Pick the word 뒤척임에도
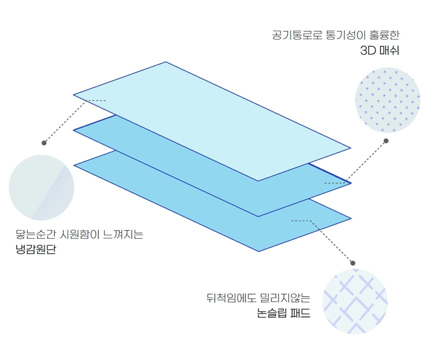(x=228, y=299)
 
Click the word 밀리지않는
(x=285, y=299)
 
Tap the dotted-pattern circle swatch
(x=388, y=100)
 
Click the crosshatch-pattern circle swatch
(x=355, y=301)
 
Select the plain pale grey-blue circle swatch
(x=41, y=187)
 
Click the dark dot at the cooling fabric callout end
(x=44, y=143)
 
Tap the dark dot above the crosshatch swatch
(x=353, y=263)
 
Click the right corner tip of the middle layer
(x=351, y=183)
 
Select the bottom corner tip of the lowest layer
(x=258, y=251)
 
